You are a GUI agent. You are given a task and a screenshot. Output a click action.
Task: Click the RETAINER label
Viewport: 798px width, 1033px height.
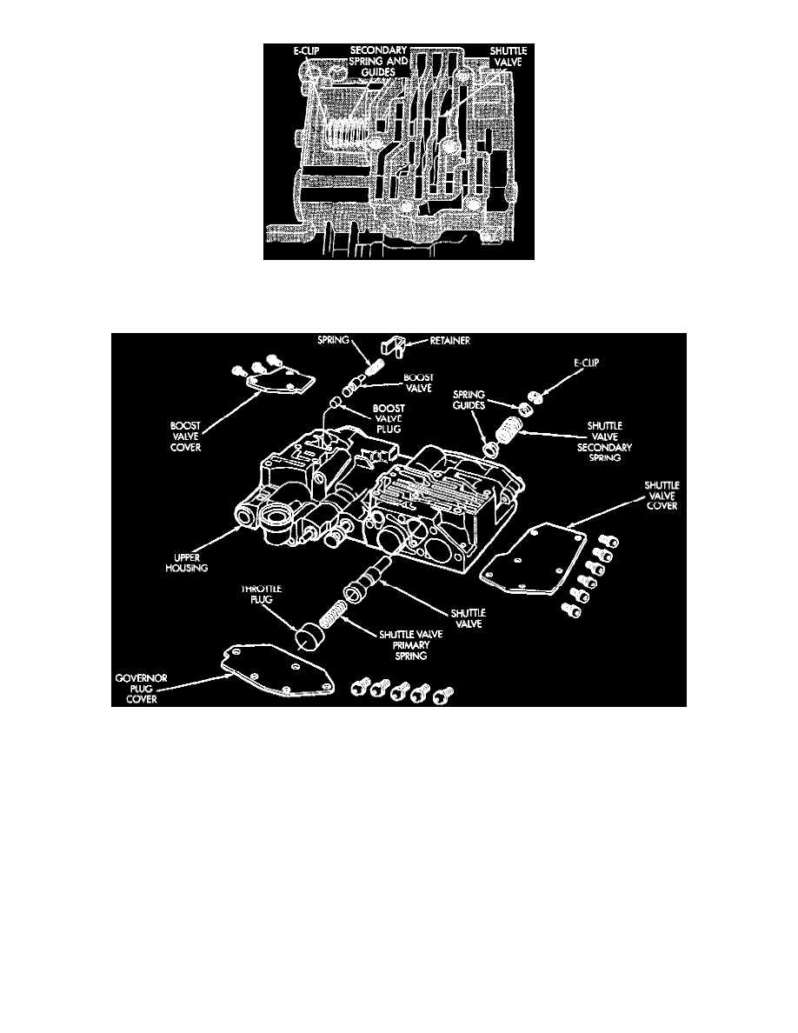(449, 341)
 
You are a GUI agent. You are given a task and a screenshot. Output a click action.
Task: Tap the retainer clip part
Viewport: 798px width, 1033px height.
(392, 346)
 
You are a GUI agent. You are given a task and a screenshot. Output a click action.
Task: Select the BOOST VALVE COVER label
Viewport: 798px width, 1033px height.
(185, 437)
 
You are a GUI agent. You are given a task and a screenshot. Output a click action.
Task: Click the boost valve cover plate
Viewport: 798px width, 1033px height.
(281, 384)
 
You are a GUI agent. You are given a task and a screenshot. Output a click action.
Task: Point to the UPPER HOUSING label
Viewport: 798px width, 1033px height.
(186, 563)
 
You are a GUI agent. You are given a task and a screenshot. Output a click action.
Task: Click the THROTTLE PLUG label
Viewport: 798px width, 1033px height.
(261, 594)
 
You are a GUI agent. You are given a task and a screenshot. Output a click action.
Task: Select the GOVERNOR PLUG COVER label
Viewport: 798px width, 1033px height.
(141, 689)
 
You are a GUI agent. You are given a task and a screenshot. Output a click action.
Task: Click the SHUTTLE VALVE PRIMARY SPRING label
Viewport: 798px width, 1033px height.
(411, 645)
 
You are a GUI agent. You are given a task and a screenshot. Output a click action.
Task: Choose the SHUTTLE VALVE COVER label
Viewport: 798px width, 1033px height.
(662, 496)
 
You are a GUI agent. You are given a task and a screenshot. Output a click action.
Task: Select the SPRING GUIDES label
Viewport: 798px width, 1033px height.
(469, 400)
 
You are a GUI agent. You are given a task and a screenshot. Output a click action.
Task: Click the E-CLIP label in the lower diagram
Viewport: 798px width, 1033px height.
(586, 363)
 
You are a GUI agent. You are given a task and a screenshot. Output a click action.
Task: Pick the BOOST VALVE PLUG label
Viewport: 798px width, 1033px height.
(389, 419)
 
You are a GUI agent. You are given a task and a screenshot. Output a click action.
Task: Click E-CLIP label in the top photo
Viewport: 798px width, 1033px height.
(306, 50)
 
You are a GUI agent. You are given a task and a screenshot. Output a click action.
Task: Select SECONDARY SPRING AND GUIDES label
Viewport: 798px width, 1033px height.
(379, 61)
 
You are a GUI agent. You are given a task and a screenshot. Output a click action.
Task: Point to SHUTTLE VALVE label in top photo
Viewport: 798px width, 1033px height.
(509, 57)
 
